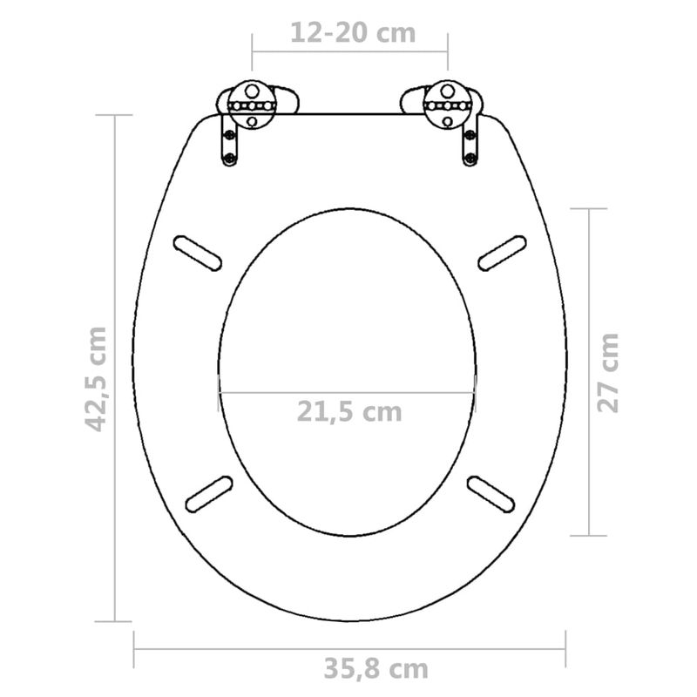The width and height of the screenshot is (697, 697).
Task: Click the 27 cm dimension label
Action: [x=608, y=372]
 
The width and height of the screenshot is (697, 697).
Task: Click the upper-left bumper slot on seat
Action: [x=198, y=252]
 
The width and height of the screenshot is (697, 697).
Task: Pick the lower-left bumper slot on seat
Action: [x=207, y=494]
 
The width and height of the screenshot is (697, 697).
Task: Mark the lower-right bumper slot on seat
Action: [x=493, y=494]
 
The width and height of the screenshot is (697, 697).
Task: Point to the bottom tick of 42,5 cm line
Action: [x=115, y=621]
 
